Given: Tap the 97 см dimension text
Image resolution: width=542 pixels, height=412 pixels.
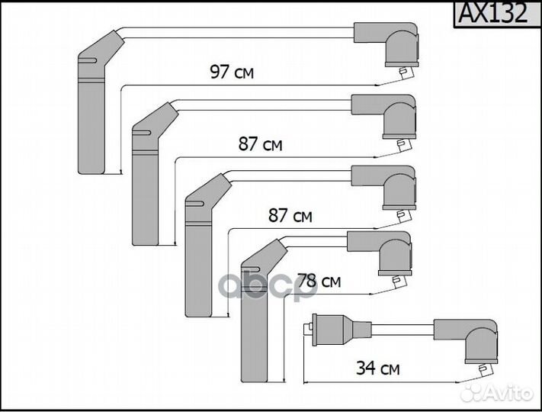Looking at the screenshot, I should coord(232,73).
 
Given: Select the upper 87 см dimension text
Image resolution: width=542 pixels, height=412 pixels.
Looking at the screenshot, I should coord(259,144).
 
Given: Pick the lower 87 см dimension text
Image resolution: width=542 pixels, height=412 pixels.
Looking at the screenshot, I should coord(290,216).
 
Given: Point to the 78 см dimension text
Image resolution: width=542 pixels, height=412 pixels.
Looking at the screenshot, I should coord(318,282).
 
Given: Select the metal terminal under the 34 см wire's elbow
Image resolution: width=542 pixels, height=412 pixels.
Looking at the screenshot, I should coord(482,370).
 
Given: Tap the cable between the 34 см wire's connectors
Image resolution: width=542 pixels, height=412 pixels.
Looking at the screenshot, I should coord(402,330).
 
